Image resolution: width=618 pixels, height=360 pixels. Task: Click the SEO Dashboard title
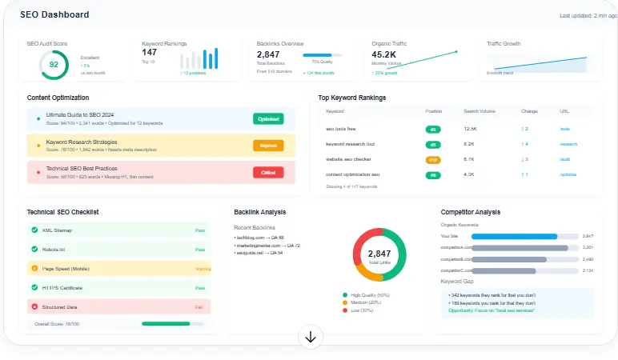(x=54, y=14)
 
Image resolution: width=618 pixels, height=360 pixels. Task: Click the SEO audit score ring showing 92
(x=54, y=65)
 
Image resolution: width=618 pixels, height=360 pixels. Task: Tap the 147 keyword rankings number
(x=150, y=53)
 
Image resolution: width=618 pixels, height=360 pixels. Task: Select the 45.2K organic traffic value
(x=390, y=54)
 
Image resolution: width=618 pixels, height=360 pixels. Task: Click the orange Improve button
(x=268, y=146)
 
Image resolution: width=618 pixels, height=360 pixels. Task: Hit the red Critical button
(x=268, y=172)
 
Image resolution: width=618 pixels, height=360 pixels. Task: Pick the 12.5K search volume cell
(x=471, y=129)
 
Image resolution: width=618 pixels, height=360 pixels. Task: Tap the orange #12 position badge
(x=432, y=159)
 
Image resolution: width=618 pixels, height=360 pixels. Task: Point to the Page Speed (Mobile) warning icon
(x=34, y=268)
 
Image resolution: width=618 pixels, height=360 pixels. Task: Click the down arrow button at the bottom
(x=311, y=338)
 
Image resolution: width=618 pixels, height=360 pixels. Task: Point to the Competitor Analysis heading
(x=471, y=212)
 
